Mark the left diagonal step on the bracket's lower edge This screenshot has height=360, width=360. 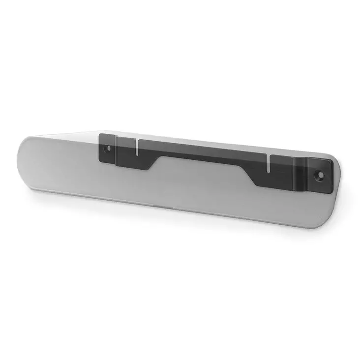click(x=153, y=164)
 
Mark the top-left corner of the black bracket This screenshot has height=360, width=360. click(x=99, y=134)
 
